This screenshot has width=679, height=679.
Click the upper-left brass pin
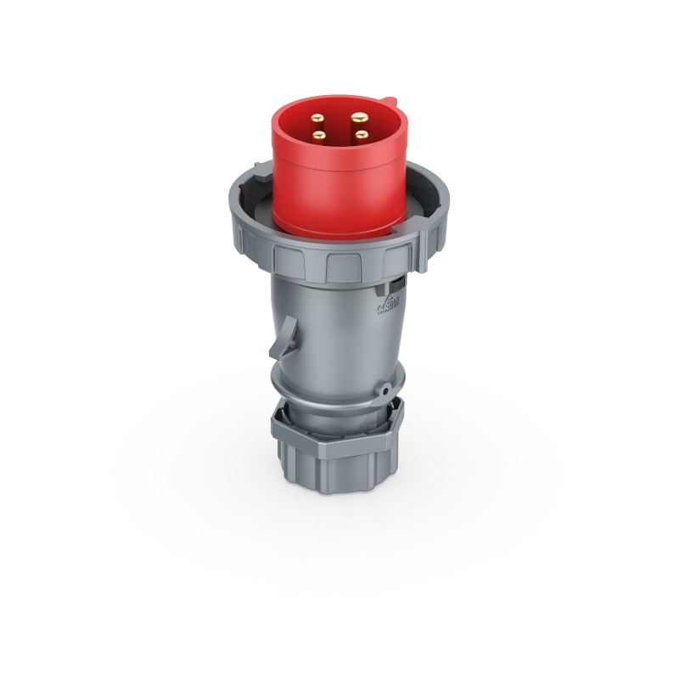coord(320,118)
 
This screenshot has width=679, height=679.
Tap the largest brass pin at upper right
coord(360,116)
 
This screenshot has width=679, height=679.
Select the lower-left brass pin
coord(319,134)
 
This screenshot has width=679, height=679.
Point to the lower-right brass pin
coord(360,133)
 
